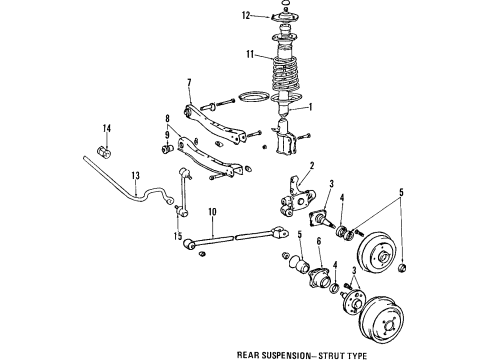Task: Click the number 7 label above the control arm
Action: (187, 83)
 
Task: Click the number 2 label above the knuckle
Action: (313, 166)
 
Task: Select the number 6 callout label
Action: (318, 269)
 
